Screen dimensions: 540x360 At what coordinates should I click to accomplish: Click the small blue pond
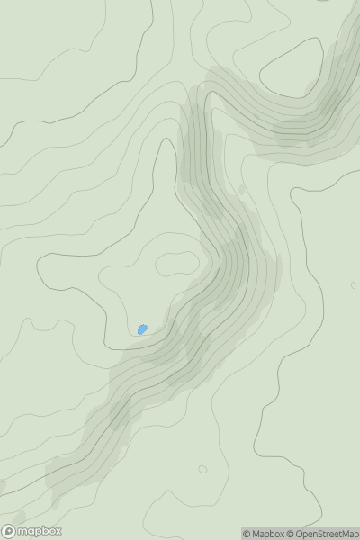(143, 329)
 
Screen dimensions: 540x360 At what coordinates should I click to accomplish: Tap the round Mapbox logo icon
(10, 532)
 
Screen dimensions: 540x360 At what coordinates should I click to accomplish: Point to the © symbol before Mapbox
(247, 534)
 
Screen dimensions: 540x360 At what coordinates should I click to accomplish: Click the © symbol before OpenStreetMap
(292, 534)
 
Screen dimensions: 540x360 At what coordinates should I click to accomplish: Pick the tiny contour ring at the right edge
(353, 285)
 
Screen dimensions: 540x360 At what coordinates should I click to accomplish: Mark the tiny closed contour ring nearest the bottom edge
(202, 469)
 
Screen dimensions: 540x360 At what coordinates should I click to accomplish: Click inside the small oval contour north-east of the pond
(176, 263)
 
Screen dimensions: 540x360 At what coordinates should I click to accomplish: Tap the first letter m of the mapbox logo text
(22, 532)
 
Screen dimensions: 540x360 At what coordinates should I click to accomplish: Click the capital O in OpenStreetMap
(301, 534)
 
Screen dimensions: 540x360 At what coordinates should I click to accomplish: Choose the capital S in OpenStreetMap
(321, 534)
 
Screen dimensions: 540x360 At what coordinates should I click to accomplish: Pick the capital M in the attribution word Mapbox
(256, 534)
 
